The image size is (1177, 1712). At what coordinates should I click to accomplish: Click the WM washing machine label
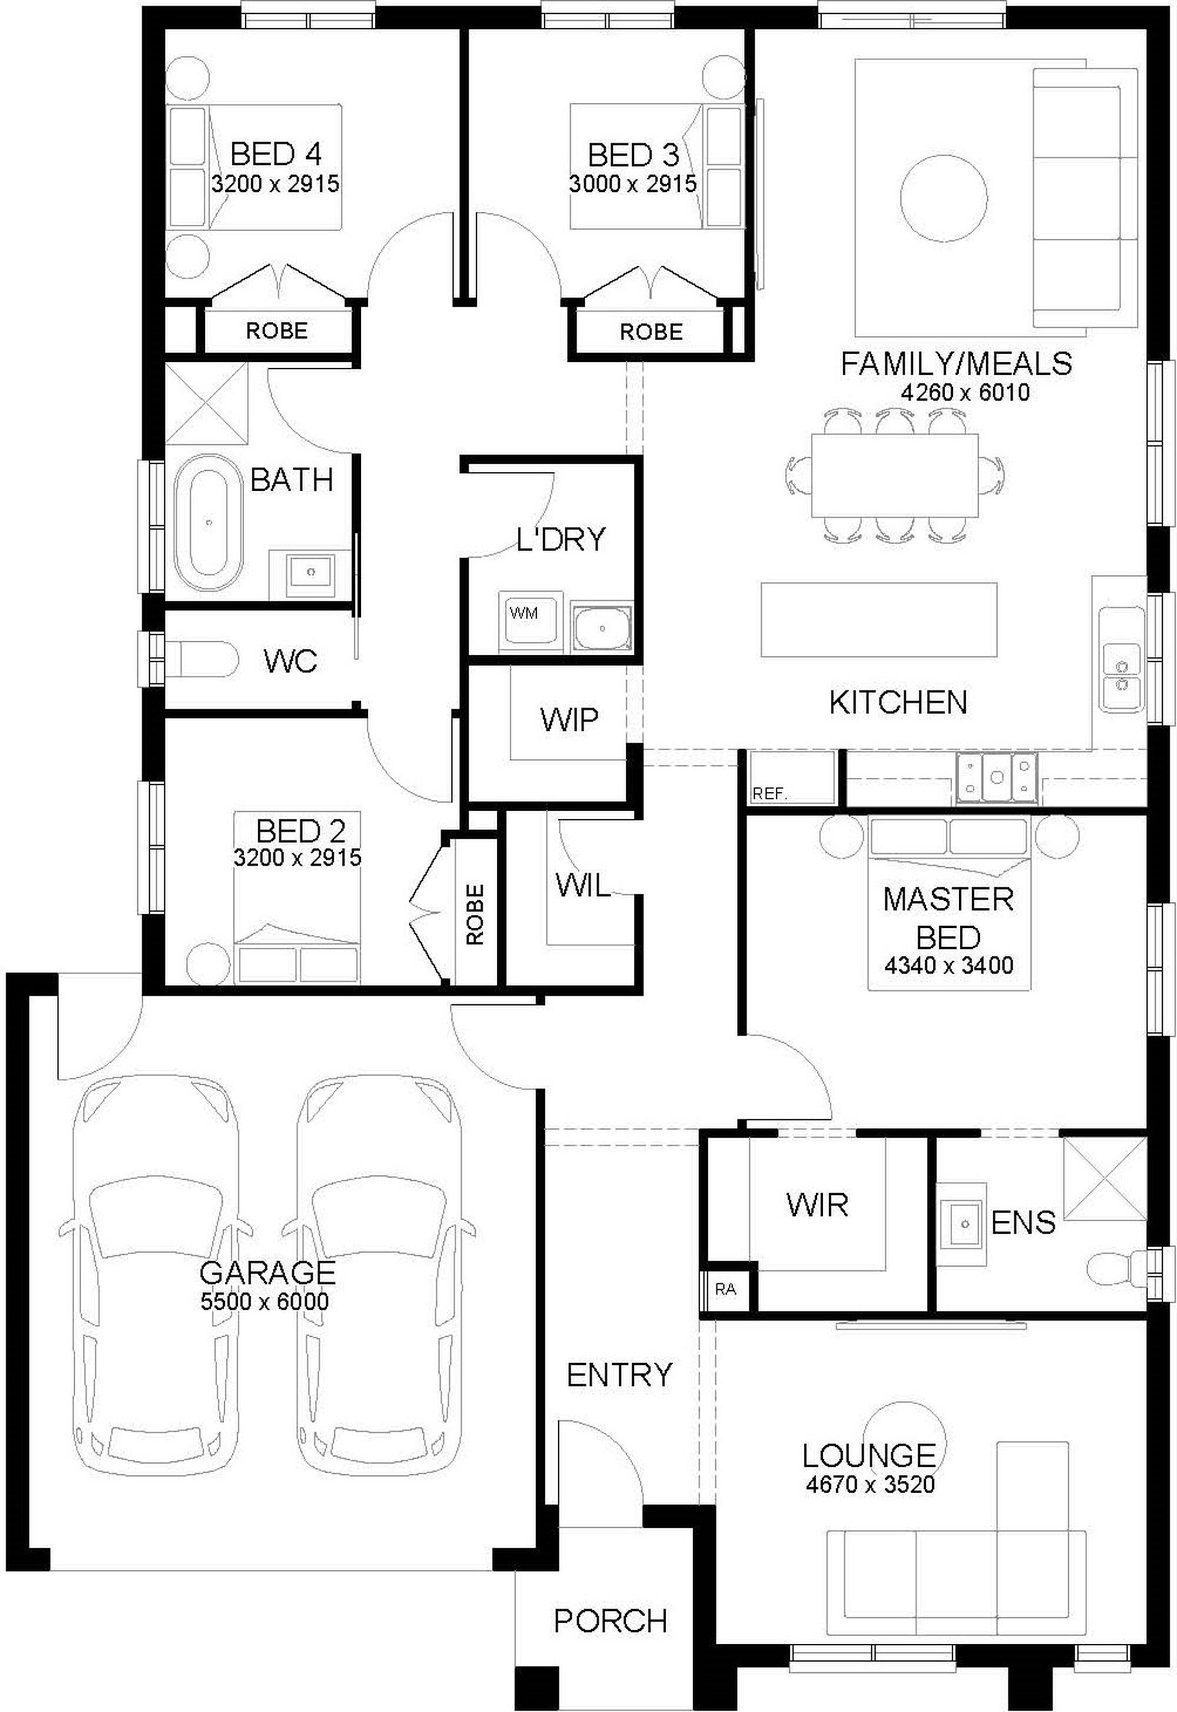(x=524, y=612)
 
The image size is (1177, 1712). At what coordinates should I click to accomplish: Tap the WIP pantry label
(x=569, y=720)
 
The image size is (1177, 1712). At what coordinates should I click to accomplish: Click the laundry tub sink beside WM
(x=603, y=628)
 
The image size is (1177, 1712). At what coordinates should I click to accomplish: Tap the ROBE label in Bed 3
(x=651, y=332)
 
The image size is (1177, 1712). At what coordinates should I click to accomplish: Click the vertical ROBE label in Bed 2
(x=475, y=914)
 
